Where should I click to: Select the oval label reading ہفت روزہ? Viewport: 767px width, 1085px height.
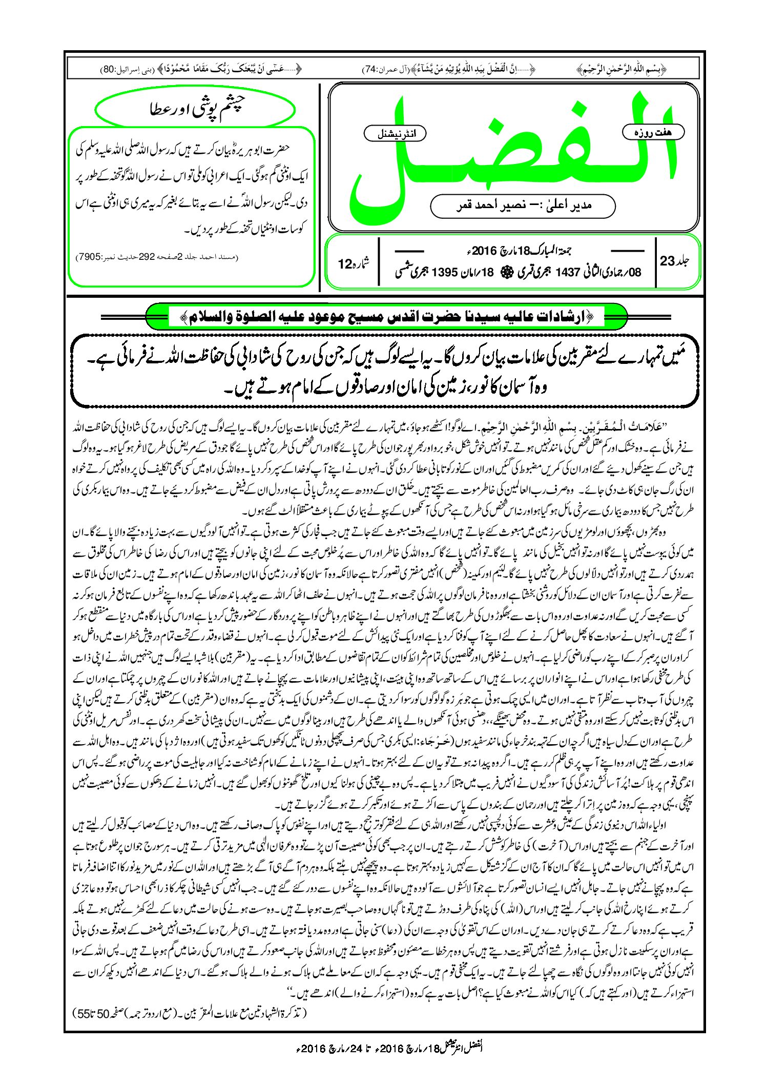pos(653,132)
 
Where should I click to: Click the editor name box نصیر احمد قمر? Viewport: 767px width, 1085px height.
pos(523,206)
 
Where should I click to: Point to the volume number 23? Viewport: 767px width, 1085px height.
pos(668,261)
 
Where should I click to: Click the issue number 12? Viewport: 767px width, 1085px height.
pos(345,264)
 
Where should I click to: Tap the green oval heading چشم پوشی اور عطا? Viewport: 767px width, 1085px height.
pos(196,109)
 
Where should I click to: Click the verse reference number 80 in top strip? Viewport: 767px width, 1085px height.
pos(109,69)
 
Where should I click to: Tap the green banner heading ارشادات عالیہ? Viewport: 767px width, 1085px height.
pos(386,317)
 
